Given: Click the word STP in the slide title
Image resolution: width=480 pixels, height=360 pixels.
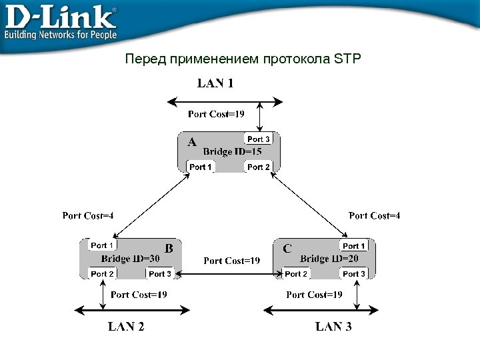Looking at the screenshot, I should coord(347,59).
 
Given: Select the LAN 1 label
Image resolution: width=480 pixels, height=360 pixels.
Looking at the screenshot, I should coord(215,84).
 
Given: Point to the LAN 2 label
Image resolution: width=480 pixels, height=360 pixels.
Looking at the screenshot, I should coord(126,327).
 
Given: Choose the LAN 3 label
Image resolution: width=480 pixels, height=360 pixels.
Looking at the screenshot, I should coord(333,327).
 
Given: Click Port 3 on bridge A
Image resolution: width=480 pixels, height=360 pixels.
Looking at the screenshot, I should coord(259,139).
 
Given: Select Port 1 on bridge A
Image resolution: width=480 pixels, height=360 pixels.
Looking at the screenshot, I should coord(201,167).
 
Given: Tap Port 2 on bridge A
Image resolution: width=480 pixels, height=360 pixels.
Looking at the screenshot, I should coord(259,167).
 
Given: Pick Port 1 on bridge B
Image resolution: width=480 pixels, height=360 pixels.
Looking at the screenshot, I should coord(103,246).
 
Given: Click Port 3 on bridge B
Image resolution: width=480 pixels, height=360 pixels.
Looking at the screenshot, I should coord(160,274).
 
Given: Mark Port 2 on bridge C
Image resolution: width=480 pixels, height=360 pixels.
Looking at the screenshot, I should coord(296,274).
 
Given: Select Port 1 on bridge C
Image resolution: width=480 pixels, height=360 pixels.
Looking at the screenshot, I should coord(354,247).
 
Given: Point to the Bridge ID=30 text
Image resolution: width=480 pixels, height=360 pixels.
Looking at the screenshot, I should coord(131,259).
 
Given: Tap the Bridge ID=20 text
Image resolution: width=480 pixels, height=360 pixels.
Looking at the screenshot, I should coord(329,259).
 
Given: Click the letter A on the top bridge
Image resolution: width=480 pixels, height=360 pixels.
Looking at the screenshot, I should coord(192,142).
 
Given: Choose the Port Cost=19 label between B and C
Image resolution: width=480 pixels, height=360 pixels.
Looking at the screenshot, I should coord(231,261).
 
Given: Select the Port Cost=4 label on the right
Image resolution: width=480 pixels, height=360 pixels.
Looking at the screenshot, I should coord(374,215).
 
